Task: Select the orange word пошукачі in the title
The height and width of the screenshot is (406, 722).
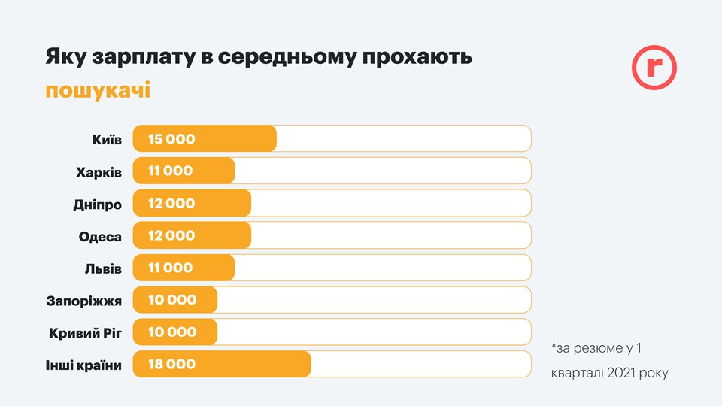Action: click(x=98, y=91)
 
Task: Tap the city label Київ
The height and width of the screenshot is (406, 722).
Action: click(x=105, y=139)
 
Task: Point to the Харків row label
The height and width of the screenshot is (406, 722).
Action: click(x=99, y=171)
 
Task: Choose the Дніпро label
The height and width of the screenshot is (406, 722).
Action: click(x=97, y=204)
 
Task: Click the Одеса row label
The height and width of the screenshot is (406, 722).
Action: click(x=100, y=236)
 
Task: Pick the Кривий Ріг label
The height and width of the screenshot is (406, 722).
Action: click(x=85, y=332)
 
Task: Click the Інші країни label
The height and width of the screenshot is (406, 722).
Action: click(x=83, y=365)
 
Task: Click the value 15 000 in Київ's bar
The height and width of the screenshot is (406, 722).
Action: click(x=171, y=139)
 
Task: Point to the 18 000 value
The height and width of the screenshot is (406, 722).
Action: click(x=171, y=365)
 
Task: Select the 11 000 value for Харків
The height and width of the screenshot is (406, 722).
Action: click(x=170, y=171)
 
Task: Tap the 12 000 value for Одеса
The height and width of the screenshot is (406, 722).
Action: click(x=171, y=235)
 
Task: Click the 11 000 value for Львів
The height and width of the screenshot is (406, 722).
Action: click(x=170, y=268)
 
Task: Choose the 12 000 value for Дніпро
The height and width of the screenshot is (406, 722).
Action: click(x=171, y=203)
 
